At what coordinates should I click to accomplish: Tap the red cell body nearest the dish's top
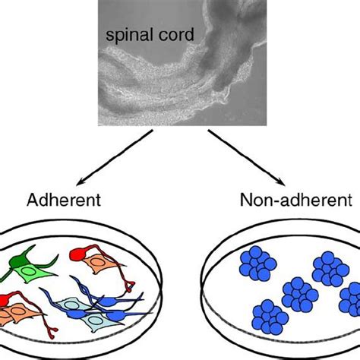[78, 254]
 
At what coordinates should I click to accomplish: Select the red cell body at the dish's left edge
[8, 298]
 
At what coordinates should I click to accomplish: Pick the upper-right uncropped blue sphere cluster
[327, 267]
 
